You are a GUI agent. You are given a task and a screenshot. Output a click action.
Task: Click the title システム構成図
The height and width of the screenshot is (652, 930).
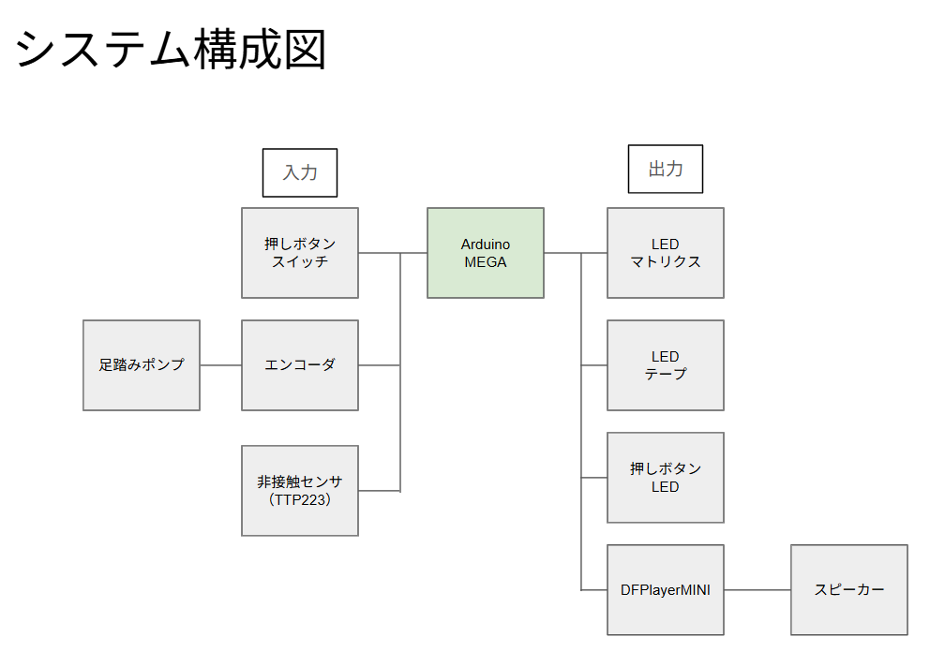171,50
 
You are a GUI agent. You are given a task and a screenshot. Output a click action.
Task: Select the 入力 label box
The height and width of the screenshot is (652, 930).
299,172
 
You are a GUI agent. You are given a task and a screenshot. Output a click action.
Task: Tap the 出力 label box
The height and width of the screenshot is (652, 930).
665,170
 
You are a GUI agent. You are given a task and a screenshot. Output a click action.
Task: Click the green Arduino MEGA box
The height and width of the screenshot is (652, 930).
485,253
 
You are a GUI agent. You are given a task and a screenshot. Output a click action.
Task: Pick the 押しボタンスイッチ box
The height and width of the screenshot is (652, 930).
299,253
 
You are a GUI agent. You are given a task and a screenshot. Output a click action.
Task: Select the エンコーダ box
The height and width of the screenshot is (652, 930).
299,365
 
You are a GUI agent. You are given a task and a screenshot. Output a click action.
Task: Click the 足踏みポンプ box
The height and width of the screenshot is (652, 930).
141,365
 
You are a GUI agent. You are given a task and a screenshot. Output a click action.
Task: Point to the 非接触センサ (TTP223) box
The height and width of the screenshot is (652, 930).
299,491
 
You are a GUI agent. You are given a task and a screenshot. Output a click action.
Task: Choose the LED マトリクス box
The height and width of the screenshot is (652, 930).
665,253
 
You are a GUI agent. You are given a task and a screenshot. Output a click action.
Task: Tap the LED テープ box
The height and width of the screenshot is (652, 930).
665,365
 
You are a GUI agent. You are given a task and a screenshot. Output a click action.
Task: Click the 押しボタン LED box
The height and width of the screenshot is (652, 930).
665,478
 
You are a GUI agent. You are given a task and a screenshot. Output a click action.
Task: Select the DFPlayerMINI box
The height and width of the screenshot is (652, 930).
665,590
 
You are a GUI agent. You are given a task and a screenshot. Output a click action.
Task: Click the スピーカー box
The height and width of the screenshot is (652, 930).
848,590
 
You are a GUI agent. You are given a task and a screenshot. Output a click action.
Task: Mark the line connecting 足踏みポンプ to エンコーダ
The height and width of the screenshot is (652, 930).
220,365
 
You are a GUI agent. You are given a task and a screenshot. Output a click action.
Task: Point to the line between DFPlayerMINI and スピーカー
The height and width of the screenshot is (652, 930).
757,590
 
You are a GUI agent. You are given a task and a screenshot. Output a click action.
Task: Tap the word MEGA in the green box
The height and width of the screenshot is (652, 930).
485,262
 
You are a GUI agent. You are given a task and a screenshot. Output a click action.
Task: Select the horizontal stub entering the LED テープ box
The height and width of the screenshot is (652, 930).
593,365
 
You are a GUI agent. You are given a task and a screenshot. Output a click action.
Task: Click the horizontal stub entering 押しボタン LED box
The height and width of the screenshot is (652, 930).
593,478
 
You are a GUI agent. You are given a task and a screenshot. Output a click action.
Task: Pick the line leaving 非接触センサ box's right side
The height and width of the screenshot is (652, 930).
379,491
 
